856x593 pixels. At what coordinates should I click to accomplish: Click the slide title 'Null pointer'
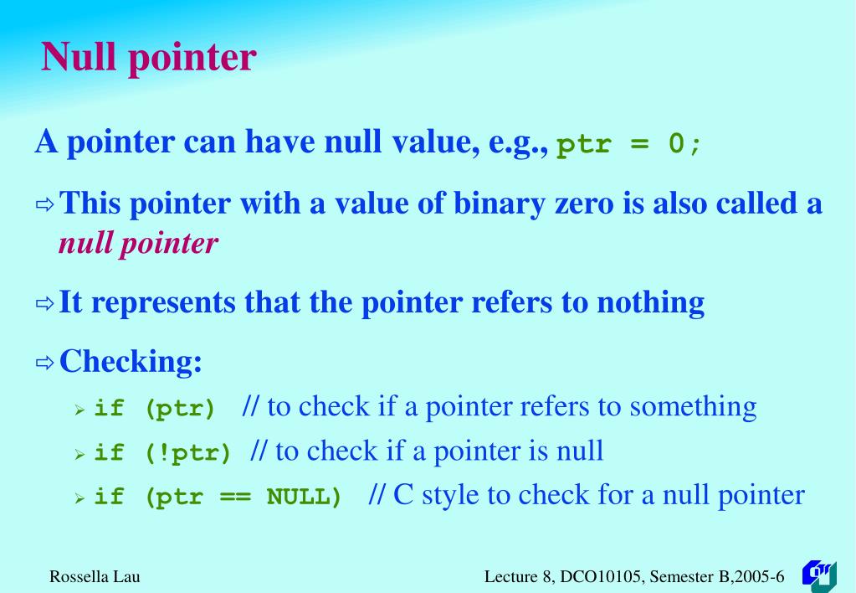click(x=149, y=58)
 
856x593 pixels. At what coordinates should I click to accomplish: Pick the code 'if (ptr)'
click(x=155, y=409)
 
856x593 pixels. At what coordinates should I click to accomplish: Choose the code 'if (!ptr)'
click(x=162, y=453)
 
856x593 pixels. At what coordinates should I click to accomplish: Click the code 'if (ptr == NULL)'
click(x=218, y=497)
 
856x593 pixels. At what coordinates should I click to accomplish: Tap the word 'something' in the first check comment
click(x=693, y=407)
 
